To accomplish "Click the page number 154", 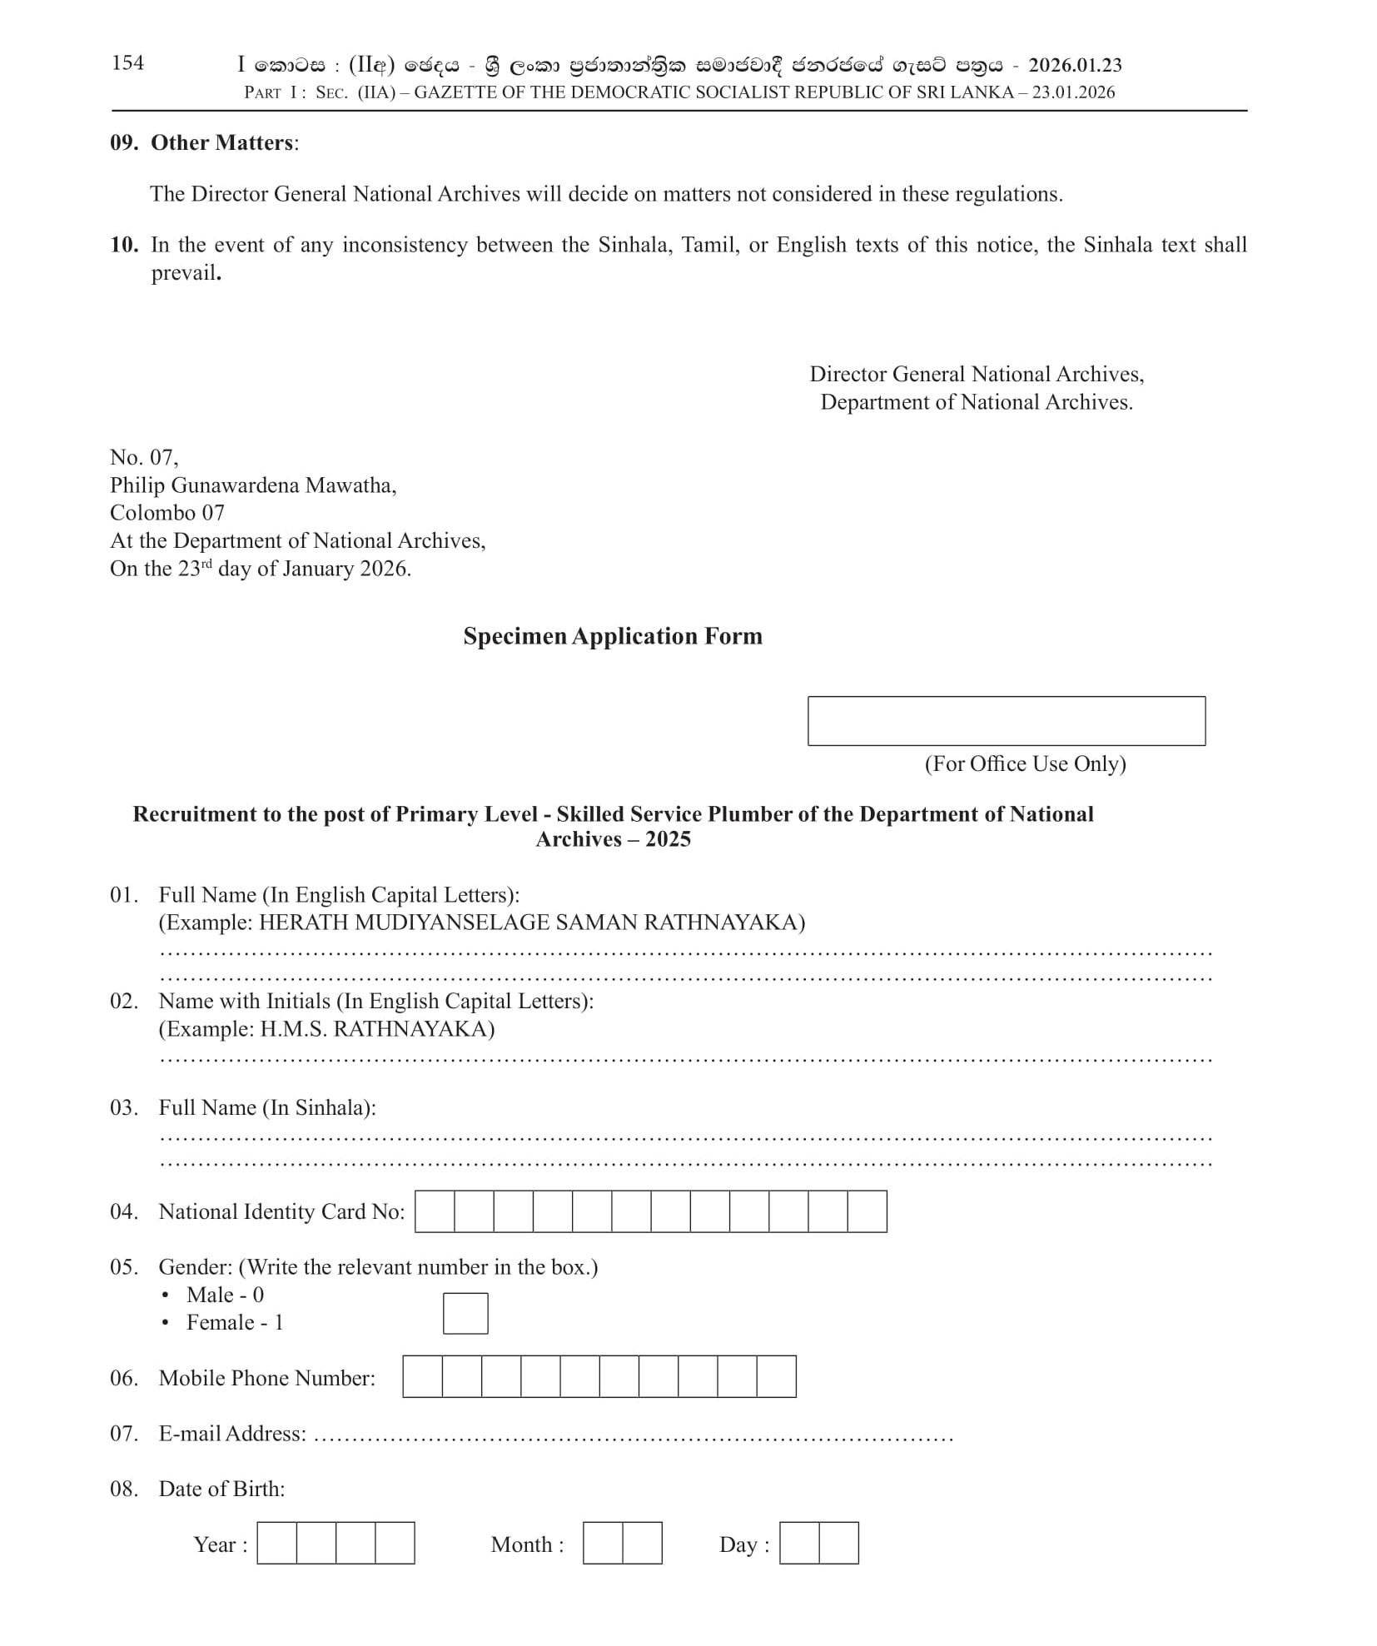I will (127, 63).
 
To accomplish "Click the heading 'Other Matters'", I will (221, 143).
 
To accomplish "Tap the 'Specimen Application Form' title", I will (613, 636).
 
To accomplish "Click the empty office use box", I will (1006, 721).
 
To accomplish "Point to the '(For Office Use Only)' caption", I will (1025, 764).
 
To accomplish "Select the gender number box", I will (465, 1313).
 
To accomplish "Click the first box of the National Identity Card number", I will (435, 1211).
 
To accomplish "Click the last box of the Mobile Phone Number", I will (776, 1377).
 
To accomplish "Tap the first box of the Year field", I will (277, 1543).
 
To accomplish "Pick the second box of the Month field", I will (642, 1543).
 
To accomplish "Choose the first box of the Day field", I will (799, 1543).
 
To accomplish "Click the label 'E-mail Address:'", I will (232, 1434).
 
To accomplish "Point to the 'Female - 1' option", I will (235, 1323).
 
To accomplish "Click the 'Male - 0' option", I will (225, 1295).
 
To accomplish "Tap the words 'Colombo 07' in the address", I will (167, 513).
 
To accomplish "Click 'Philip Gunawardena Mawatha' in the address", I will (252, 485).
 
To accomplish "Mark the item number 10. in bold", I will (124, 245).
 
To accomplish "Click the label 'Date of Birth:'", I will (221, 1489).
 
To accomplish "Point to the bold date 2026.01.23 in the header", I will (1075, 65).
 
